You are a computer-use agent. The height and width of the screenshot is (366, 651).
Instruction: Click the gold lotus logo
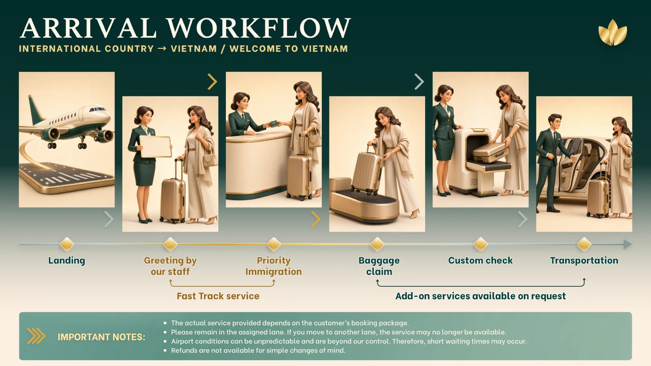pyautogui.click(x=613, y=33)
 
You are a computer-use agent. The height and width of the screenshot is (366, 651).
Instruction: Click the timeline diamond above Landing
pyautogui.click(x=67, y=244)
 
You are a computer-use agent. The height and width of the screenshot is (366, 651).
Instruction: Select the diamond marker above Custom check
pyautogui.click(x=480, y=244)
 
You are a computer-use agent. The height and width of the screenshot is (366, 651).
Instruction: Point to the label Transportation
pyautogui.click(x=584, y=260)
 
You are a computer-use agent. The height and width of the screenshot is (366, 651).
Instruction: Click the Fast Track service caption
pyautogui.click(x=218, y=296)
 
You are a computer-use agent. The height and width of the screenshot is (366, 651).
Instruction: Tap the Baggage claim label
pyautogui.click(x=379, y=266)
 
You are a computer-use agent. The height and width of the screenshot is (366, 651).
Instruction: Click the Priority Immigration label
pyautogui.click(x=273, y=266)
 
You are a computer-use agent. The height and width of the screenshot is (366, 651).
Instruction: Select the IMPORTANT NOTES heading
pyautogui.click(x=101, y=337)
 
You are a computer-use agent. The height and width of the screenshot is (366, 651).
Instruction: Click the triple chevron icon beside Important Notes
pyautogui.click(x=36, y=336)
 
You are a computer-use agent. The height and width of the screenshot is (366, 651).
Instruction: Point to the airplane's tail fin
pyautogui.click(x=35, y=107)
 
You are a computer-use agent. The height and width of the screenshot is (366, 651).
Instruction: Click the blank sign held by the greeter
pyautogui.click(x=155, y=146)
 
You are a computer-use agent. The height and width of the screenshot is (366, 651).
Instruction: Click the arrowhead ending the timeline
pyautogui.click(x=627, y=244)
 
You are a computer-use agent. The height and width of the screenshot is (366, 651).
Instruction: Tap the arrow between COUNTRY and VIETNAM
pyautogui.click(x=162, y=48)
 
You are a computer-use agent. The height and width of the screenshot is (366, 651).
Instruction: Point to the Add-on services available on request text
pyautogui.click(x=480, y=296)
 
